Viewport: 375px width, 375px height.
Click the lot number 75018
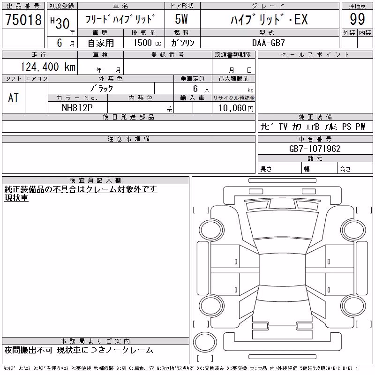(23, 20)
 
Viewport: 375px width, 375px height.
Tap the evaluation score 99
(357, 19)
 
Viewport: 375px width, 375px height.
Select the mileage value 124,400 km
(48, 67)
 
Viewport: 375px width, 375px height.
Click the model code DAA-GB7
(269, 43)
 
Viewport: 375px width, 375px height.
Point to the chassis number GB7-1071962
(315, 149)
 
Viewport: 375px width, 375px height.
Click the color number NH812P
(77, 108)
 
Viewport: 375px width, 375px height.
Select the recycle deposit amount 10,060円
(236, 108)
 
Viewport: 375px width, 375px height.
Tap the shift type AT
(13, 98)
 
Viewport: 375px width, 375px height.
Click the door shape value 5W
(181, 19)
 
